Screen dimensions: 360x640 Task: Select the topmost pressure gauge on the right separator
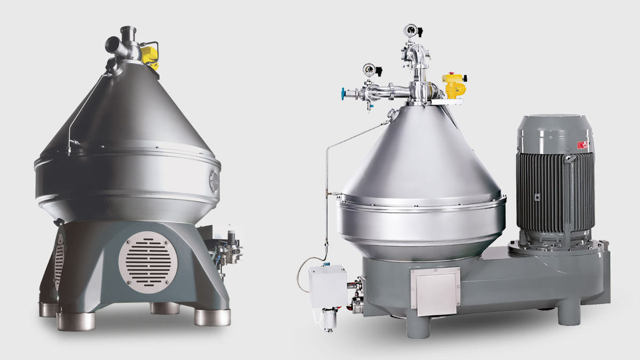pos(410,30)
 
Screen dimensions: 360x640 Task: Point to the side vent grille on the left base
pos(59,261)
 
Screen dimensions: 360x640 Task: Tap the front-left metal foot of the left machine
pos(76,321)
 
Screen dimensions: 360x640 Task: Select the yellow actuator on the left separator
pos(150,55)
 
